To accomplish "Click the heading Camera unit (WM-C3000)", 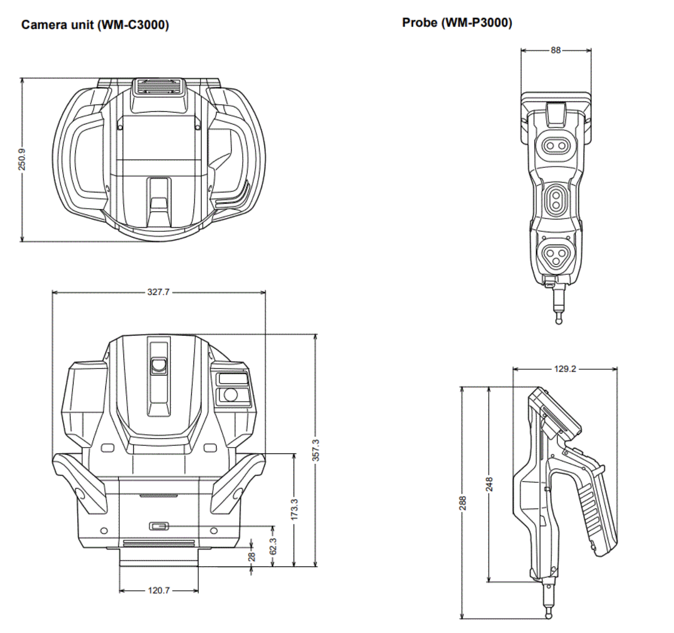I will click(95, 25).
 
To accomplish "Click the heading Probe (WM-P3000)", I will click(457, 23).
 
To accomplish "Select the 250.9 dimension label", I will click(22, 159).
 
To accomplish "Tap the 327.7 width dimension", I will click(158, 292).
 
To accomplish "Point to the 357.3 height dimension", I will click(316, 450).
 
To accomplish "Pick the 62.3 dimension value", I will click(273, 546).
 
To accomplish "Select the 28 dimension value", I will click(252, 557).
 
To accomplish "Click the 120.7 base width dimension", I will click(159, 590).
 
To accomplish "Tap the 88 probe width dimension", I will click(555, 51).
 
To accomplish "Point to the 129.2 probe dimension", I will click(565, 369).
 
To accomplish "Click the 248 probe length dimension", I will click(489, 484).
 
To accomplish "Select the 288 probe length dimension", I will click(462, 503).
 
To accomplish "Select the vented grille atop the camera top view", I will click(159, 86).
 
